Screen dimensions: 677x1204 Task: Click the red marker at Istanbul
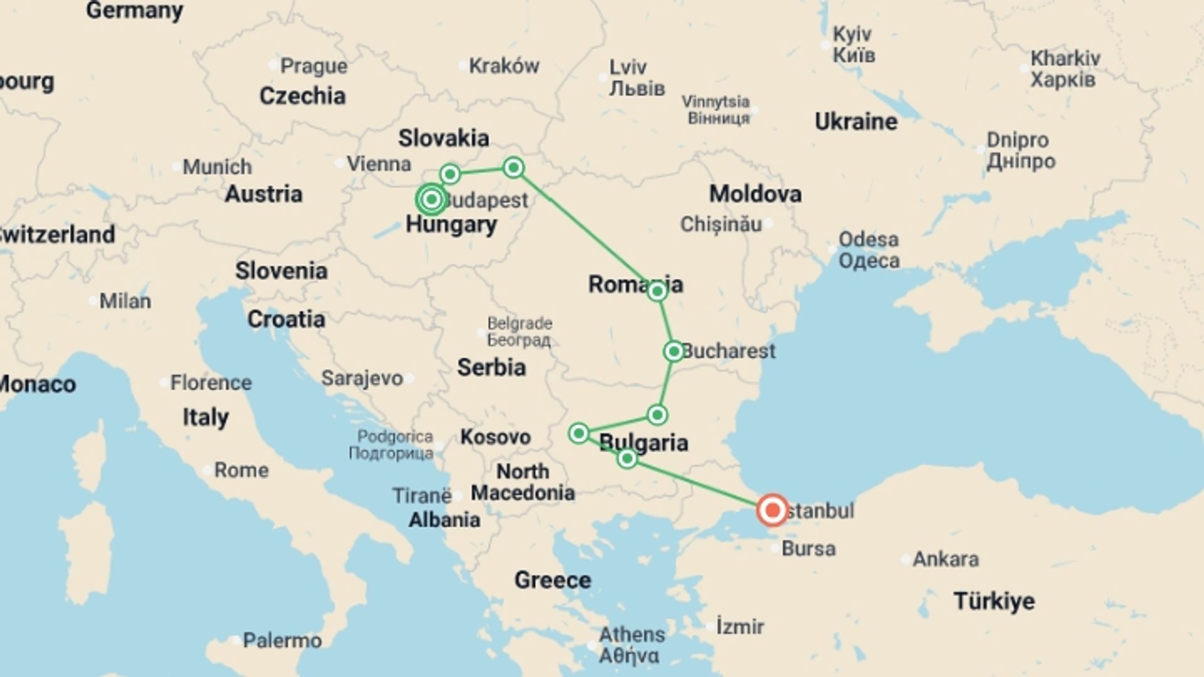tap(772, 510)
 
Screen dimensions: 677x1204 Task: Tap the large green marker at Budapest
tap(431, 200)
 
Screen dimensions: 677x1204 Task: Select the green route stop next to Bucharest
tap(673, 351)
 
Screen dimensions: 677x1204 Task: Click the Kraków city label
tap(504, 65)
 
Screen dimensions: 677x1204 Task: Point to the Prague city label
tap(314, 65)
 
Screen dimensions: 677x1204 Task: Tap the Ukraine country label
tap(855, 121)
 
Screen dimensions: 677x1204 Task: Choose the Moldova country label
tap(755, 194)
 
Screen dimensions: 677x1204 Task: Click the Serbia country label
tap(491, 367)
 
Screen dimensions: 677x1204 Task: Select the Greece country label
tap(552, 580)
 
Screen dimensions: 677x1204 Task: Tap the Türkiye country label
tap(994, 601)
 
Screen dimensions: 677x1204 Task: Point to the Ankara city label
tap(945, 559)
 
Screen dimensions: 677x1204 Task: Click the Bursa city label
tap(808, 548)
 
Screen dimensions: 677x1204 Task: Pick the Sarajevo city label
tap(362, 378)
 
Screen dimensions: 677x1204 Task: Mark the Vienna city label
tap(379, 164)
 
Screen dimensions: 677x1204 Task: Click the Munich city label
tap(217, 167)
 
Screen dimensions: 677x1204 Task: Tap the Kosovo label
tap(495, 436)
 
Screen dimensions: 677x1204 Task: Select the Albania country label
tap(445, 520)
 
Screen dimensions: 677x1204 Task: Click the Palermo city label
tap(282, 640)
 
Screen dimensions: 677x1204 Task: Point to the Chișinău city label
tap(721, 224)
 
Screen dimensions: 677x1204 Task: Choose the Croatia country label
tap(286, 319)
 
